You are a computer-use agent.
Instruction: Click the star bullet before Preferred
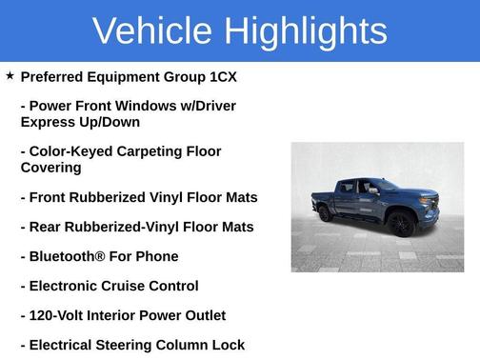(10, 74)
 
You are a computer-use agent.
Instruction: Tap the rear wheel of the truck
(325, 213)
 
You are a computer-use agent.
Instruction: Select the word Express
(51, 122)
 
